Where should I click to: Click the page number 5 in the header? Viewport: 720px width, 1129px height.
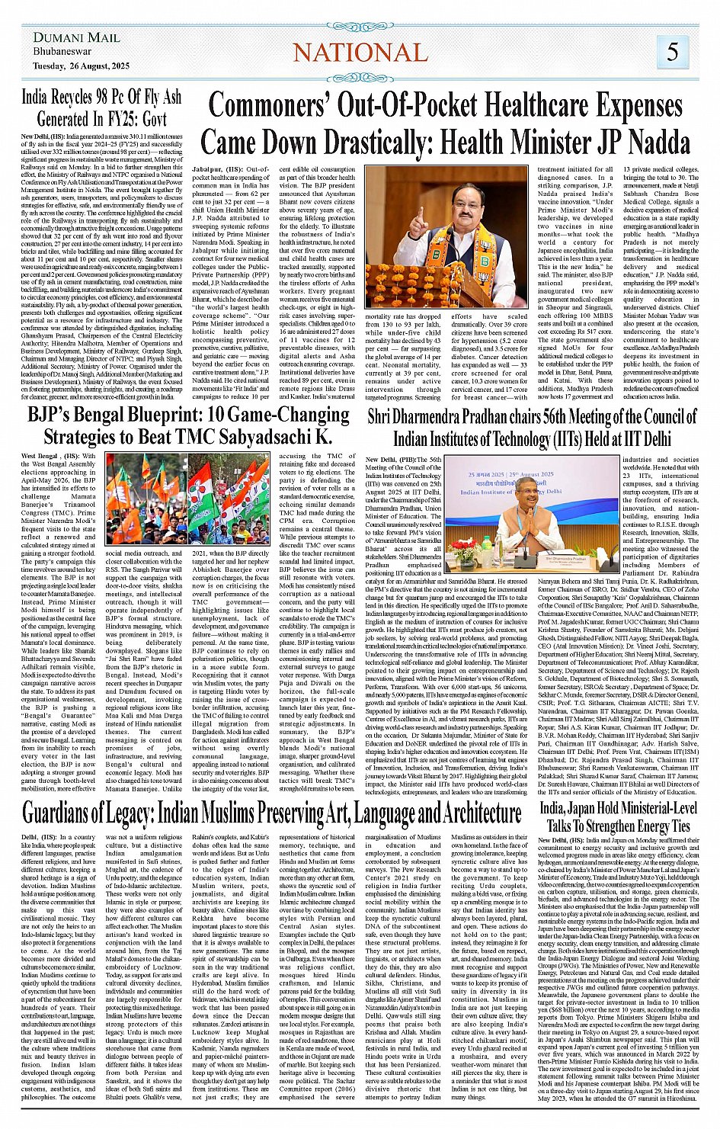click(x=673, y=51)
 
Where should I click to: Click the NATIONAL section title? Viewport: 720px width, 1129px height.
click(x=360, y=53)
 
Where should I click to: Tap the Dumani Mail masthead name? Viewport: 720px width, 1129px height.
click(x=76, y=37)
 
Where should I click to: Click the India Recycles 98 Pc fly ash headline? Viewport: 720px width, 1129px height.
click(x=101, y=108)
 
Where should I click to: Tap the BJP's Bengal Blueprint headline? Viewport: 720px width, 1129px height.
click(x=188, y=426)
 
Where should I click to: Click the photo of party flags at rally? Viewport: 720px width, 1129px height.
click(x=187, y=499)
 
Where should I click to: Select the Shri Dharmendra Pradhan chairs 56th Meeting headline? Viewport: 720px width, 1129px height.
click(x=531, y=427)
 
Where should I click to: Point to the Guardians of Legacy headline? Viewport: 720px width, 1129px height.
click(x=271, y=813)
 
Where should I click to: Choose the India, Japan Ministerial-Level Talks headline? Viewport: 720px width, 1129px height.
click(x=618, y=816)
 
